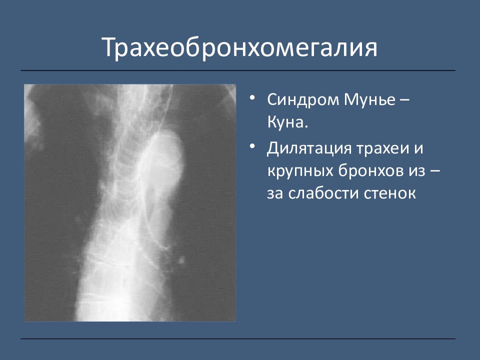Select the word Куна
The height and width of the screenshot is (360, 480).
tap(287, 122)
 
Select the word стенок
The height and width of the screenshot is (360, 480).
tap(389, 194)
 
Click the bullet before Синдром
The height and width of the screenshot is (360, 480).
tap(252, 97)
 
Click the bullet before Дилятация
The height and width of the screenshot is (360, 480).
tap(252, 146)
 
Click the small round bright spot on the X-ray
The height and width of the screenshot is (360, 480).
tap(181, 261)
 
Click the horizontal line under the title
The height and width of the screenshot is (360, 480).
tap(238, 70)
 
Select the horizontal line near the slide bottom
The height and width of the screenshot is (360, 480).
tap(238, 339)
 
